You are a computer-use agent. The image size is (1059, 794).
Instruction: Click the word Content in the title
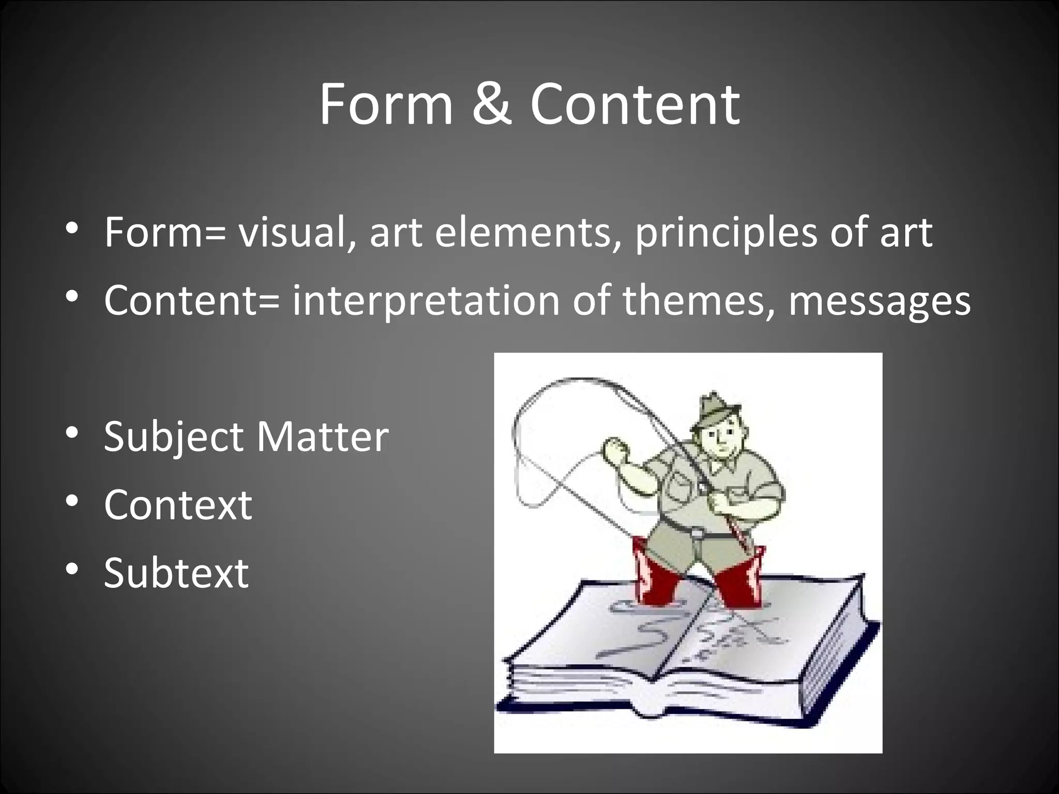635,105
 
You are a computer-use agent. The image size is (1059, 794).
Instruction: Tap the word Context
178,505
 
